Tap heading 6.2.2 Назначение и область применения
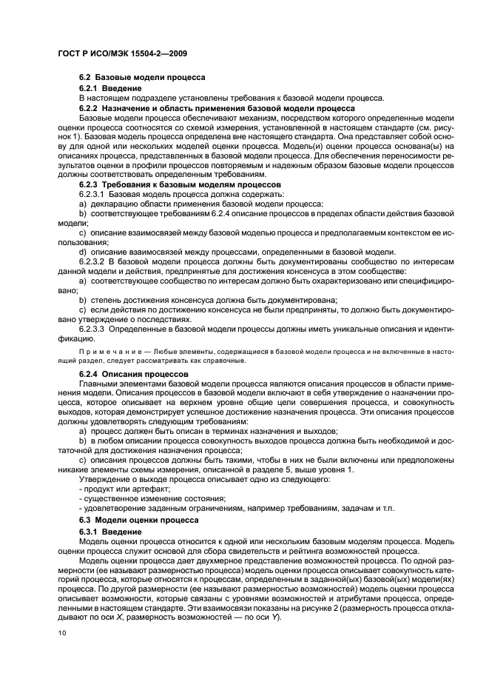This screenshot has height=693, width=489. pos(197,108)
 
